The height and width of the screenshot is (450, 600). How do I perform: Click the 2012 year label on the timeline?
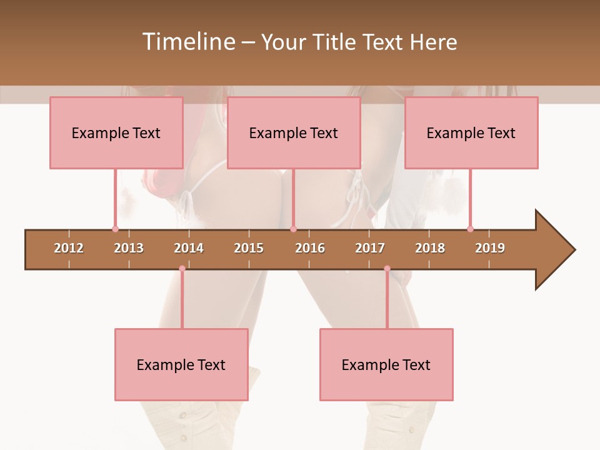69,248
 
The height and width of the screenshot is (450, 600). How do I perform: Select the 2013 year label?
129,248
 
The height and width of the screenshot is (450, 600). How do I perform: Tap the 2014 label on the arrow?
189,248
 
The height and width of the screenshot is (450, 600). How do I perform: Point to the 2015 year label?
249,248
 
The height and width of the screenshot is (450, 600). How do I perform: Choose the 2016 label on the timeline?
310,248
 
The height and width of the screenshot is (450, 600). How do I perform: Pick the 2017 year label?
370,248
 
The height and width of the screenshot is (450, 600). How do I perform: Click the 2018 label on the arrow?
430,248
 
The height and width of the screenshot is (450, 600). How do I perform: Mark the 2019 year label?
490,248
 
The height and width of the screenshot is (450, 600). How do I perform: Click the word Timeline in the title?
188,42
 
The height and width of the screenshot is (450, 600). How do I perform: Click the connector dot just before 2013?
115,229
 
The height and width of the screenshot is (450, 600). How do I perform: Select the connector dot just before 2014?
182,269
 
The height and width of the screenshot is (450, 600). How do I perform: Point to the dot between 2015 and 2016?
293,229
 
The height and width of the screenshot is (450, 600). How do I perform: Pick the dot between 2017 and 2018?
387,269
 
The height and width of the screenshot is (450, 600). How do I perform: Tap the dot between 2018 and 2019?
470,229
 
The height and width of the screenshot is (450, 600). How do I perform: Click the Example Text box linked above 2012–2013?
116,132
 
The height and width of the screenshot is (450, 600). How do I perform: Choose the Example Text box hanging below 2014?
181,364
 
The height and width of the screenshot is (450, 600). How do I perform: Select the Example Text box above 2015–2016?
294,132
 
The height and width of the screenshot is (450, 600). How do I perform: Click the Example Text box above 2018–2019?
471,132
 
